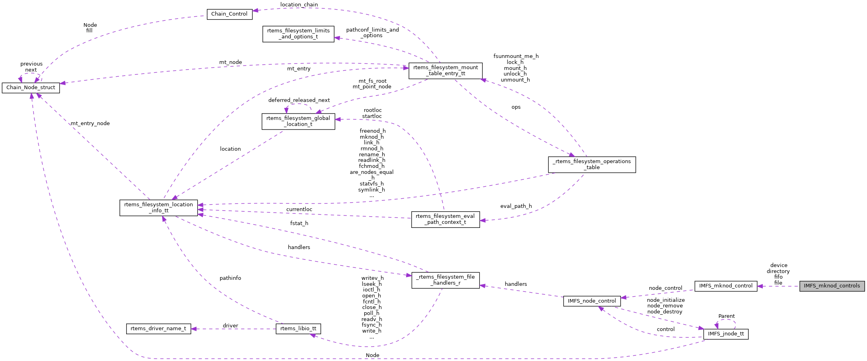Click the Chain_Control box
(x=229, y=14)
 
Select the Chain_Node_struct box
(x=31, y=88)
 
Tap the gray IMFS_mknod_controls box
(x=831, y=286)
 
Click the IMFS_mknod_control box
(x=725, y=286)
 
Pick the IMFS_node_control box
(x=591, y=301)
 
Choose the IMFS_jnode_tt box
(x=725, y=334)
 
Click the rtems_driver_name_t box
(x=158, y=329)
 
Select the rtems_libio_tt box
(x=298, y=329)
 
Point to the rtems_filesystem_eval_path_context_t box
(x=445, y=219)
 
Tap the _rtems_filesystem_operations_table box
(x=591, y=164)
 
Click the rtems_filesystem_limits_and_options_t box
(x=298, y=34)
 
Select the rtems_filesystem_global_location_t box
(x=298, y=121)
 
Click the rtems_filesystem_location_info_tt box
(x=158, y=207)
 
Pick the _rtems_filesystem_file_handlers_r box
(x=445, y=280)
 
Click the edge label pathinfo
(x=230, y=278)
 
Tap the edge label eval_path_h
(x=516, y=206)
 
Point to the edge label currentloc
(x=299, y=209)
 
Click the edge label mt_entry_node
(x=90, y=124)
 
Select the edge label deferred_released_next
(x=299, y=100)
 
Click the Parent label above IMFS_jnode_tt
(x=726, y=316)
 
